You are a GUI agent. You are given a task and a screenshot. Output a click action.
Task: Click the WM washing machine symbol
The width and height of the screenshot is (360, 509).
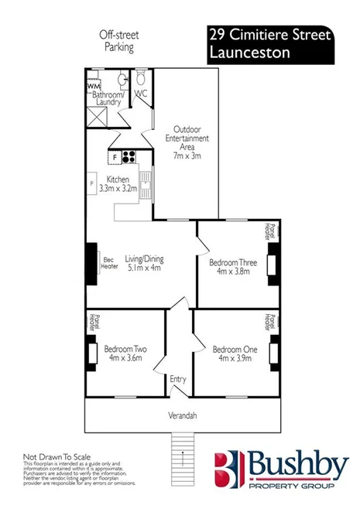coord(92,84)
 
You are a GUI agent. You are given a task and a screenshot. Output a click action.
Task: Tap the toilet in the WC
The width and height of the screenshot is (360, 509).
coord(141,80)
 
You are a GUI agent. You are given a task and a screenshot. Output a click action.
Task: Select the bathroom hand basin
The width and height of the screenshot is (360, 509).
coord(122,81)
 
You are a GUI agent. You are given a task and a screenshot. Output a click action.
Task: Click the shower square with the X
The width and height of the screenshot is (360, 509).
coord(96,116)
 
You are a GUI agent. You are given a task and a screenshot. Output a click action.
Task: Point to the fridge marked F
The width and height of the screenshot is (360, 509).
coord(115,156)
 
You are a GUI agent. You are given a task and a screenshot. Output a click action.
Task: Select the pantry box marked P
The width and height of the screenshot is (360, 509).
coord(91,183)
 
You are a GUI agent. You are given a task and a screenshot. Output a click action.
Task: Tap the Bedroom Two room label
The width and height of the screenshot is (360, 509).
coord(125,348)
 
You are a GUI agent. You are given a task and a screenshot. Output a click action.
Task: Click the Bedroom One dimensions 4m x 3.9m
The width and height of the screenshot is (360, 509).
coord(234,357)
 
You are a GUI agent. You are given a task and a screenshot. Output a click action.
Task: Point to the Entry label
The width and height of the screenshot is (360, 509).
coord(178,378)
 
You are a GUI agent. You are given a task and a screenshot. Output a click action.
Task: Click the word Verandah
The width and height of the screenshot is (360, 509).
coord(183,415)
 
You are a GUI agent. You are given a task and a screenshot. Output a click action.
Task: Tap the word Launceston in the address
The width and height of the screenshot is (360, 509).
coord(249,53)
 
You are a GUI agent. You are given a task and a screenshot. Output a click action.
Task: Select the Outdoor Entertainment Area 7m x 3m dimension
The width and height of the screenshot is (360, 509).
coord(185,155)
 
